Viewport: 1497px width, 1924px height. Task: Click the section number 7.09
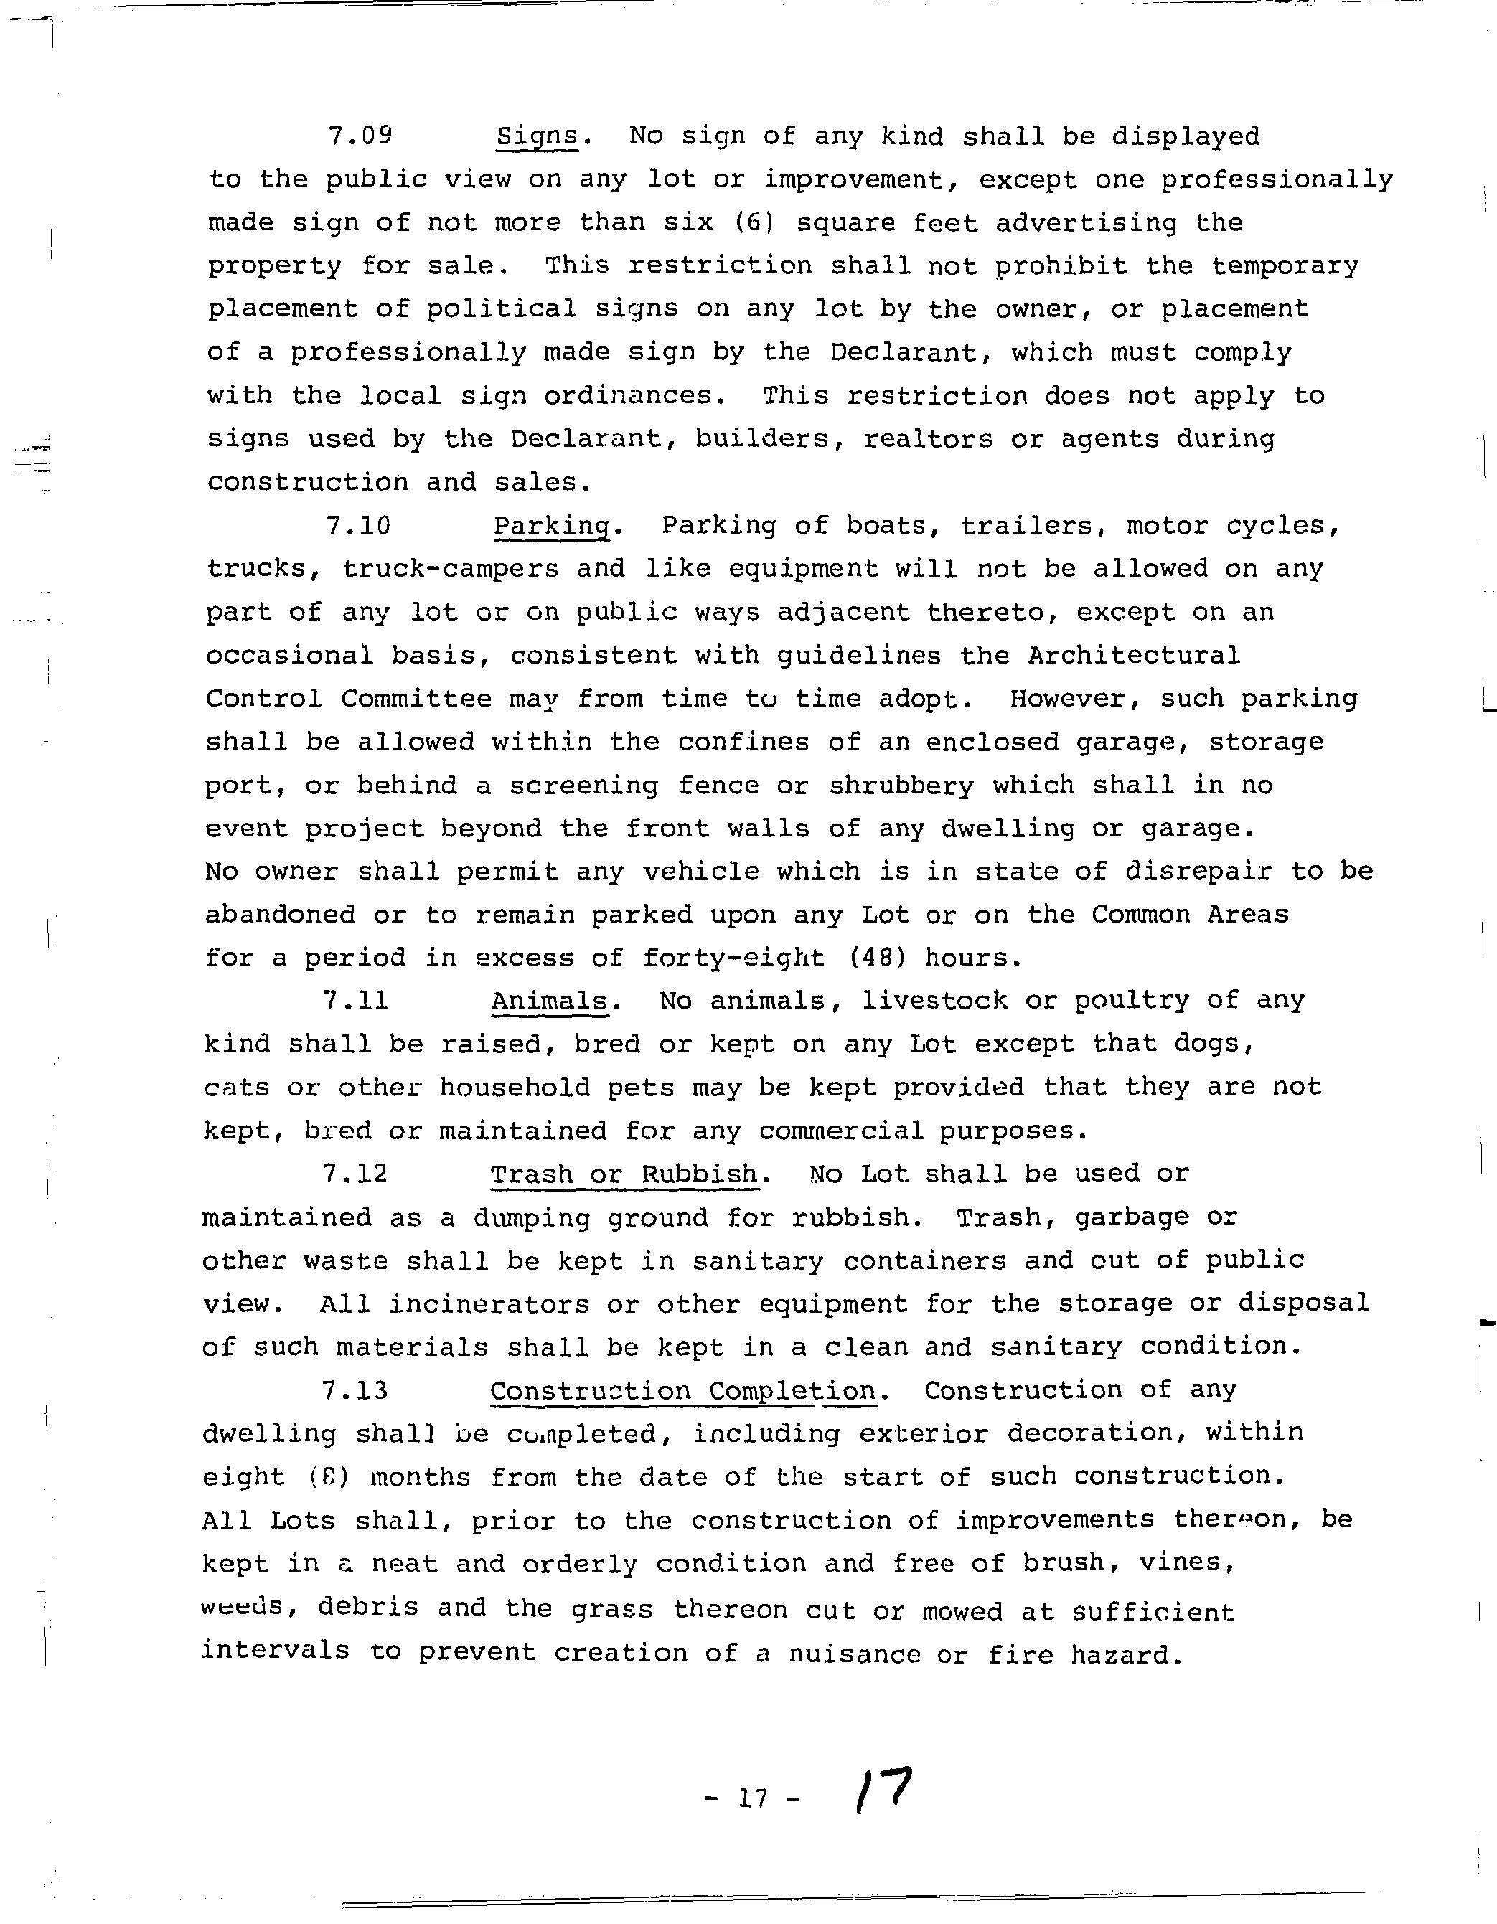(x=360, y=136)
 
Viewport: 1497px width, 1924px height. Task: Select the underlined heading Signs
(x=538, y=136)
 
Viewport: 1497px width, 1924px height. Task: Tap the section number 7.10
(x=357, y=526)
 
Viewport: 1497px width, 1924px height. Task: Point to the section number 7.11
(x=356, y=1001)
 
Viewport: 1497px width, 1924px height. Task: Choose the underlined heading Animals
(x=550, y=1001)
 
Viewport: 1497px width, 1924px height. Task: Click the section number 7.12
(x=355, y=1174)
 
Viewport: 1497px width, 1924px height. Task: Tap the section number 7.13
(x=355, y=1391)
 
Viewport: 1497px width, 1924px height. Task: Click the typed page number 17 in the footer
(x=754, y=1798)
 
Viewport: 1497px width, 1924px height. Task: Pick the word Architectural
(x=1133, y=656)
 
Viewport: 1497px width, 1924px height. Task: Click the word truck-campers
(x=450, y=569)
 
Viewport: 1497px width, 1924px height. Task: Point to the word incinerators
(x=489, y=1303)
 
